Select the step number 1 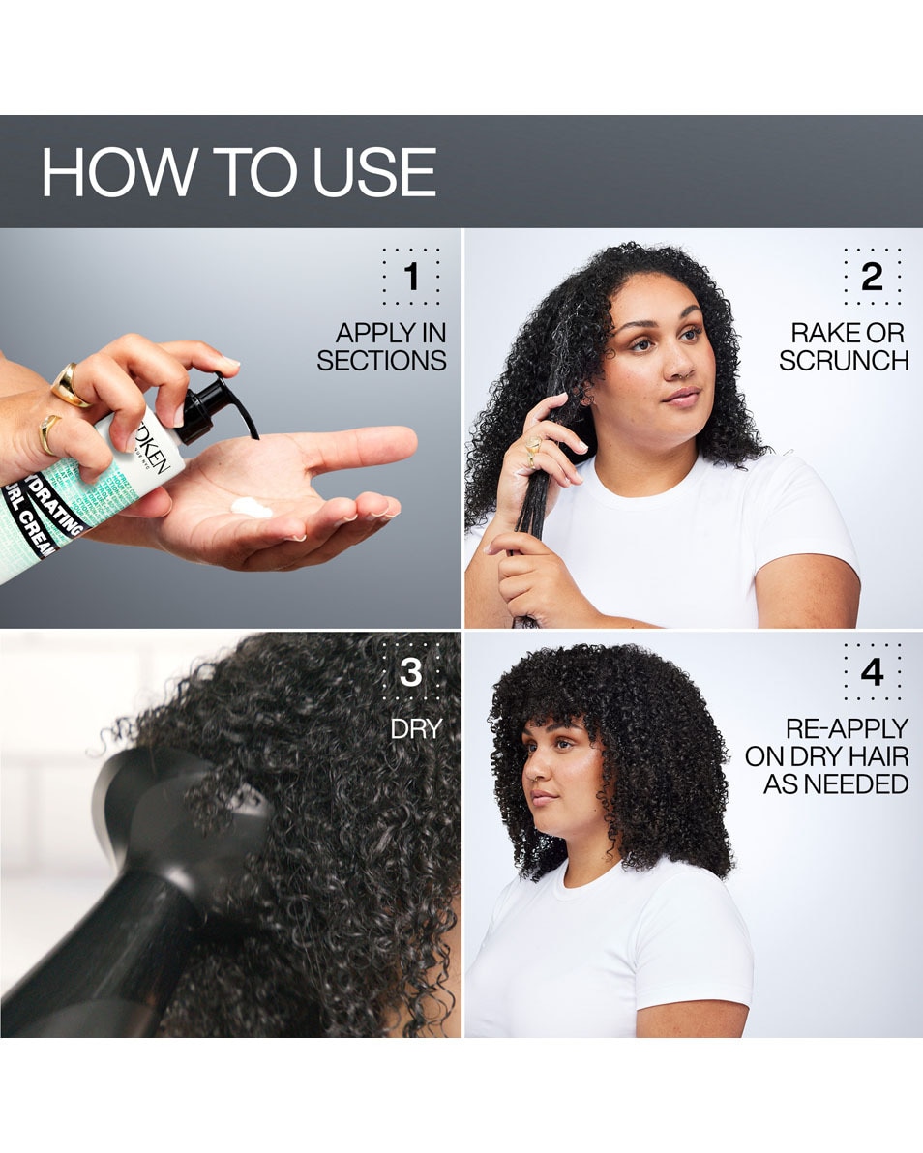[x=411, y=277]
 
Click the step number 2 [x=872, y=277]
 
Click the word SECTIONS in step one [x=381, y=361]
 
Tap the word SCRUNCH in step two [x=844, y=361]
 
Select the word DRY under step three [x=415, y=729]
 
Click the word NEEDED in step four [x=836, y=783]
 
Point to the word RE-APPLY [x=847, y=728]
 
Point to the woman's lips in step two [x=680, y=395]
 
